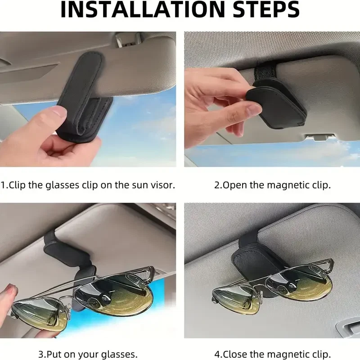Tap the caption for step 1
[x=88, y=185]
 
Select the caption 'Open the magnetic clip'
[x=272, y=185]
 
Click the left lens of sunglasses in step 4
[x=234, y=299]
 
